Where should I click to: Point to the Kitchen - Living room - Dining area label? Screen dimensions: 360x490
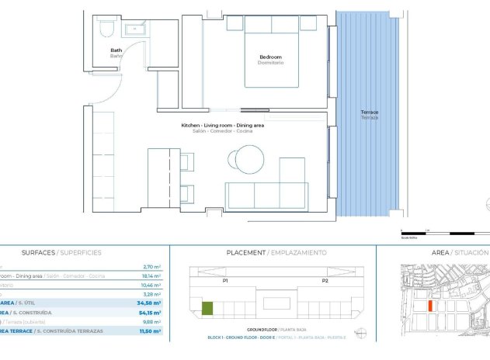222,126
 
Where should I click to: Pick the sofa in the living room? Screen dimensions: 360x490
266,194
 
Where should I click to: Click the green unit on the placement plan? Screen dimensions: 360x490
207,309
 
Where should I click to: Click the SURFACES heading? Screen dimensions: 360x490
38,253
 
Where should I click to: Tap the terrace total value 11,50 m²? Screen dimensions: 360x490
150,331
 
